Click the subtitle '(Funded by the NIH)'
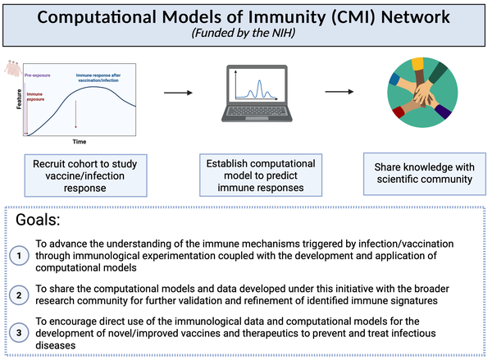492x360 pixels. [x=246, y=33]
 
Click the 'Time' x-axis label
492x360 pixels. [x=79, y=141]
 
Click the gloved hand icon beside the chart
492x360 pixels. [x=11, y=68]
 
